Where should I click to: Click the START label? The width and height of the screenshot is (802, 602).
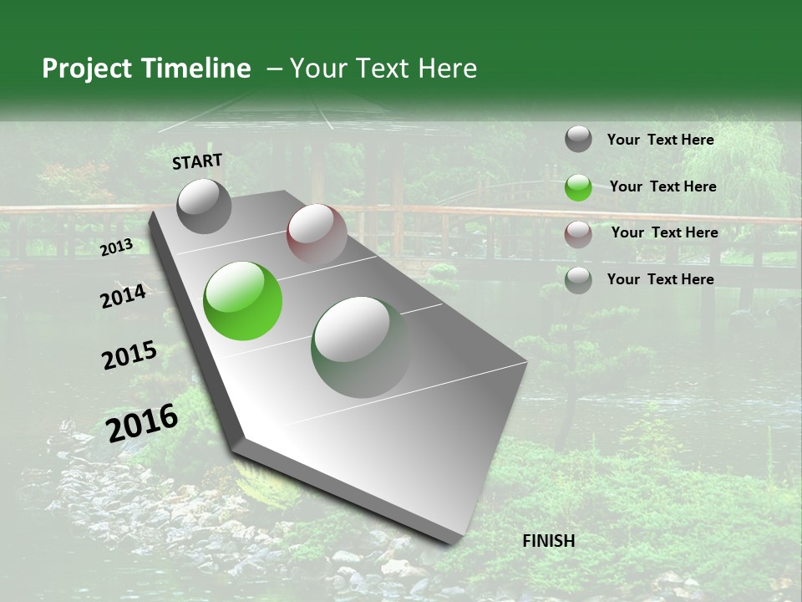pos(197,161)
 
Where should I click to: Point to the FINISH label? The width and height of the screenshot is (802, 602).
pos(549,541)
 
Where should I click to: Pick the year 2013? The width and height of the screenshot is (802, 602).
pos(116,247)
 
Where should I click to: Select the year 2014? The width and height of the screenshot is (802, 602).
pos(123,296)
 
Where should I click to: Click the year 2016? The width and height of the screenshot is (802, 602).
pos(142,422)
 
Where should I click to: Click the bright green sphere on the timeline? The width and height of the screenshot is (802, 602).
pos(242,301)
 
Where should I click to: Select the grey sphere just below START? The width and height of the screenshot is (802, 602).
pos(205,207)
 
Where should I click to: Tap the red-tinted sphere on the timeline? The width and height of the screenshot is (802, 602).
pos(317,234)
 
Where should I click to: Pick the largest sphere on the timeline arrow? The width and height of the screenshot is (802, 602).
pos(361,347)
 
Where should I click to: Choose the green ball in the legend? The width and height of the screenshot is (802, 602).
pos(578,187)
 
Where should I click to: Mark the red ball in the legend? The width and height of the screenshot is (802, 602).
pos(578,233)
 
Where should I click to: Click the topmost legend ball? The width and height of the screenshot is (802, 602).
pos(578,140)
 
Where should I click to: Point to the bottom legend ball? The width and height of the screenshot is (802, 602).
pos(578,280)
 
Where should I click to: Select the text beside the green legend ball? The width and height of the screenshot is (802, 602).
pos(662,186)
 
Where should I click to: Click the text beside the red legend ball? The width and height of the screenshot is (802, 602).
pos(664,232)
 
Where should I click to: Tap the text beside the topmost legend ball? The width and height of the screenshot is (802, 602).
pos(660,140)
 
